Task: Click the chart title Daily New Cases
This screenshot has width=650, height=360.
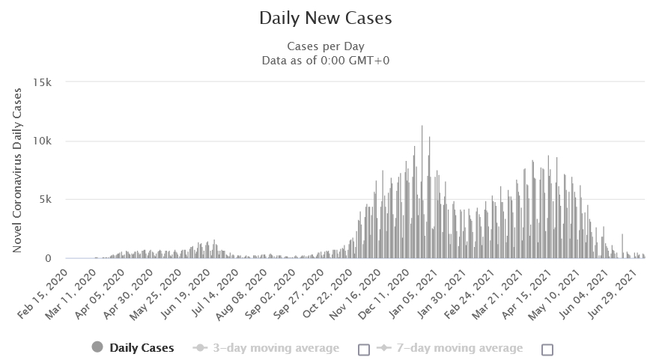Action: pyautogui.click(x=325, y=18)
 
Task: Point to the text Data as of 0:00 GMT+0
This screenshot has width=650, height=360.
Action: pyautogui.click(x=325, y=59)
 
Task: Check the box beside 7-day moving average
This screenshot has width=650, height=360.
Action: pyautogui.click(x=547, y=349)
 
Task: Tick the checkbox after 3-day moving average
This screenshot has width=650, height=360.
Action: pyautogui.click(x=364, y=349)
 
